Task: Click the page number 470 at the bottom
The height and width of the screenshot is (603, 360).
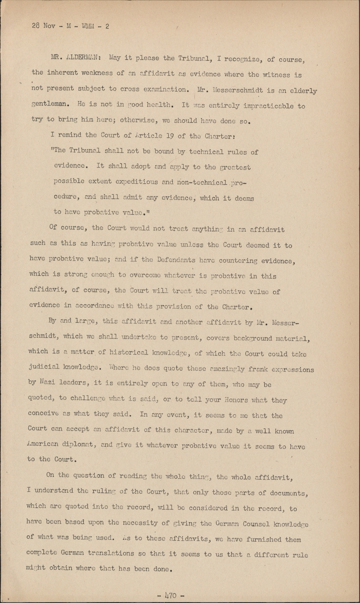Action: tap(171, 595)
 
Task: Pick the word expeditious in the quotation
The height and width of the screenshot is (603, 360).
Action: tap(137, 181)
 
